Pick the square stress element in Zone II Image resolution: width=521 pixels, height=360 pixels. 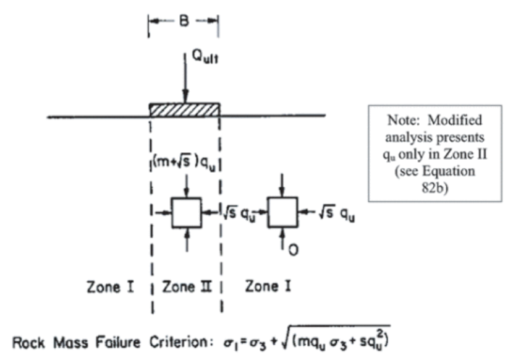187,213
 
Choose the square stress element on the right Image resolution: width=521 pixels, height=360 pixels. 282,213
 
